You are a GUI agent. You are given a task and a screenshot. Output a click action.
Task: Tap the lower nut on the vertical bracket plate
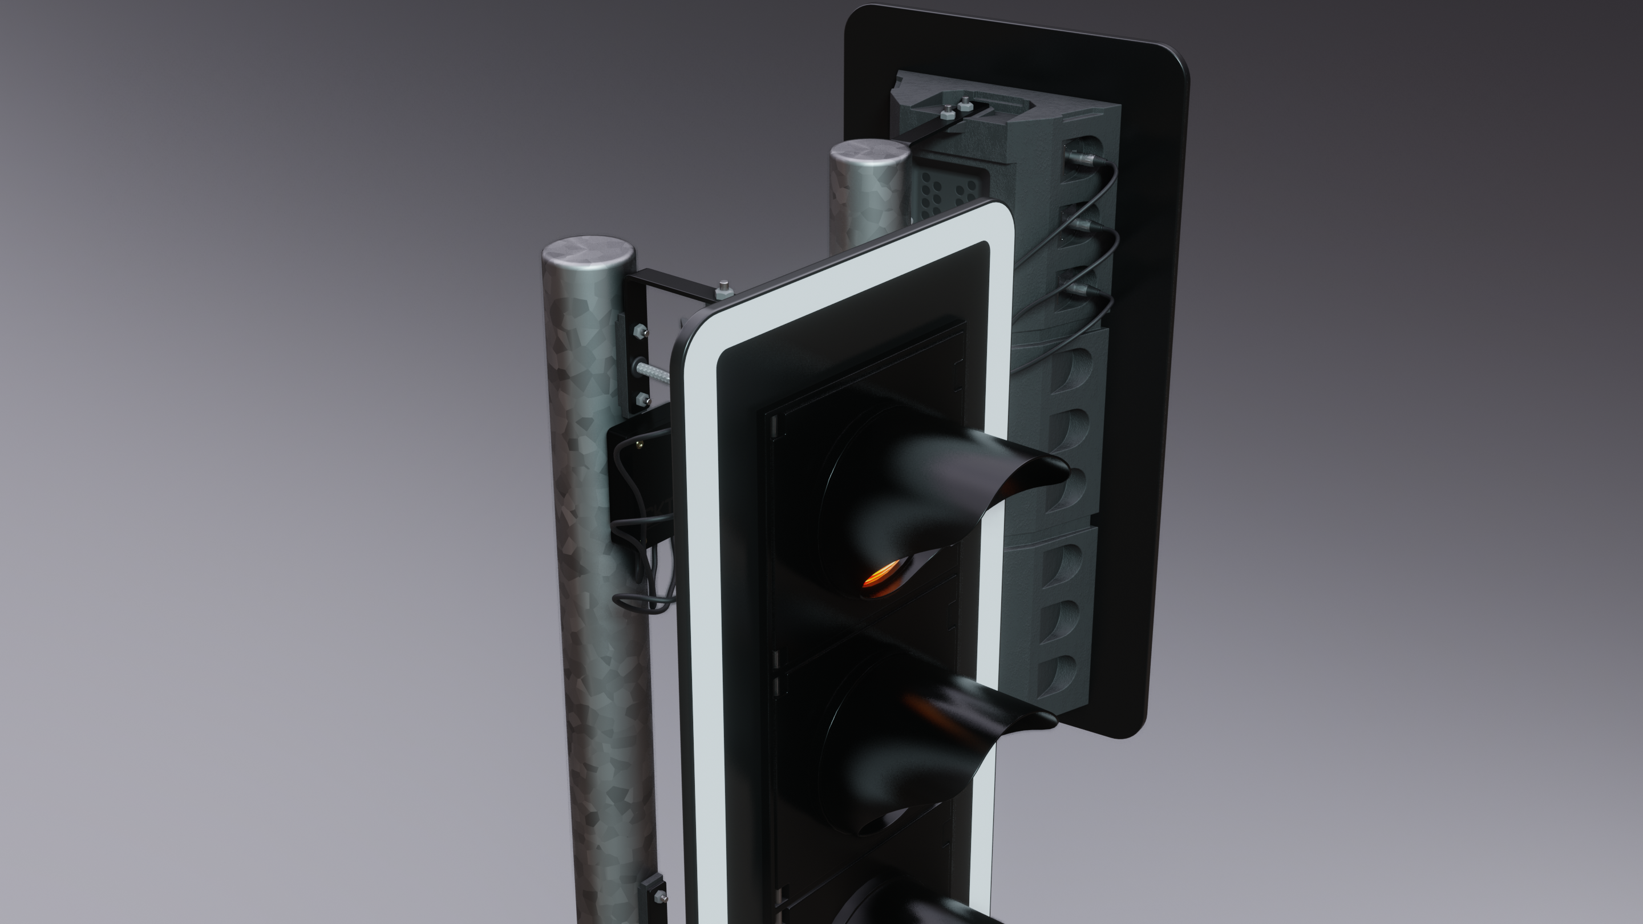click(643, 400)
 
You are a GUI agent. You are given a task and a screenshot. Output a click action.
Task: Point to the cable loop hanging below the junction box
click(641, 603)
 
